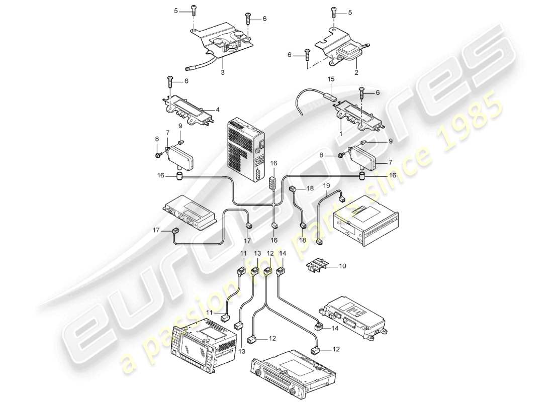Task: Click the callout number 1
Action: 340,134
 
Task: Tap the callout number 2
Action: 356,73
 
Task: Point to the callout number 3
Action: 223,73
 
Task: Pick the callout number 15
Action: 331,79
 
